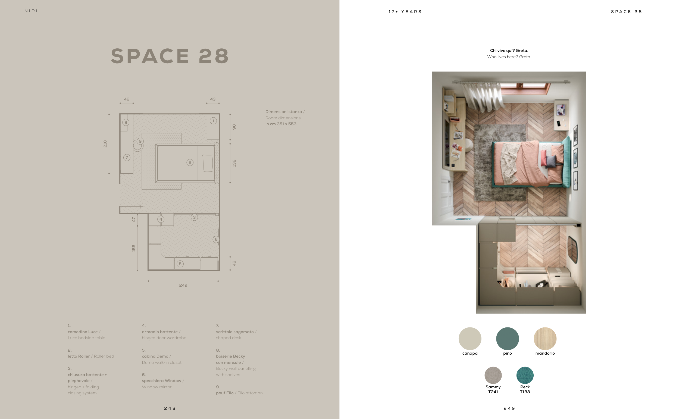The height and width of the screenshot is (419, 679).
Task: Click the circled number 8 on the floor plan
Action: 126,122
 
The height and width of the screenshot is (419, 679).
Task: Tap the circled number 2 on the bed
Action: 190,162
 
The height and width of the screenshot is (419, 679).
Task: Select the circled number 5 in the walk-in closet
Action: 180,264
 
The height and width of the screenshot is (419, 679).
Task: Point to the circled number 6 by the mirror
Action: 216,239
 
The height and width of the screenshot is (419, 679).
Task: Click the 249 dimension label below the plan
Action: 183,285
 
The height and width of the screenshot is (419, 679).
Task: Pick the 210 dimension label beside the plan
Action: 105,144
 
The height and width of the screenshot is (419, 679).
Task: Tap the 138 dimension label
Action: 234,163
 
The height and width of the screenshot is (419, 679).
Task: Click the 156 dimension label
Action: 133,248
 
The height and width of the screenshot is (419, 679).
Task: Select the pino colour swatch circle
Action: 507,339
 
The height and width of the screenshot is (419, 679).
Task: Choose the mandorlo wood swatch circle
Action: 545,339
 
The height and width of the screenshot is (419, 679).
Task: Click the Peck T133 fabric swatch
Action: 525,375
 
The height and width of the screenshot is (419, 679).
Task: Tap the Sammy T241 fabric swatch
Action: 493,375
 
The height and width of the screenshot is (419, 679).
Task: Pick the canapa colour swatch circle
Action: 470,339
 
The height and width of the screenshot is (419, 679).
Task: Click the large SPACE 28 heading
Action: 170,56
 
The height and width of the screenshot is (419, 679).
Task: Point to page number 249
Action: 509,408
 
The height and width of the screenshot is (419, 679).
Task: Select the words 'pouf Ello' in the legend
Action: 225,393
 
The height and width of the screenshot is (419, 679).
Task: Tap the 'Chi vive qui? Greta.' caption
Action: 509,51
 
